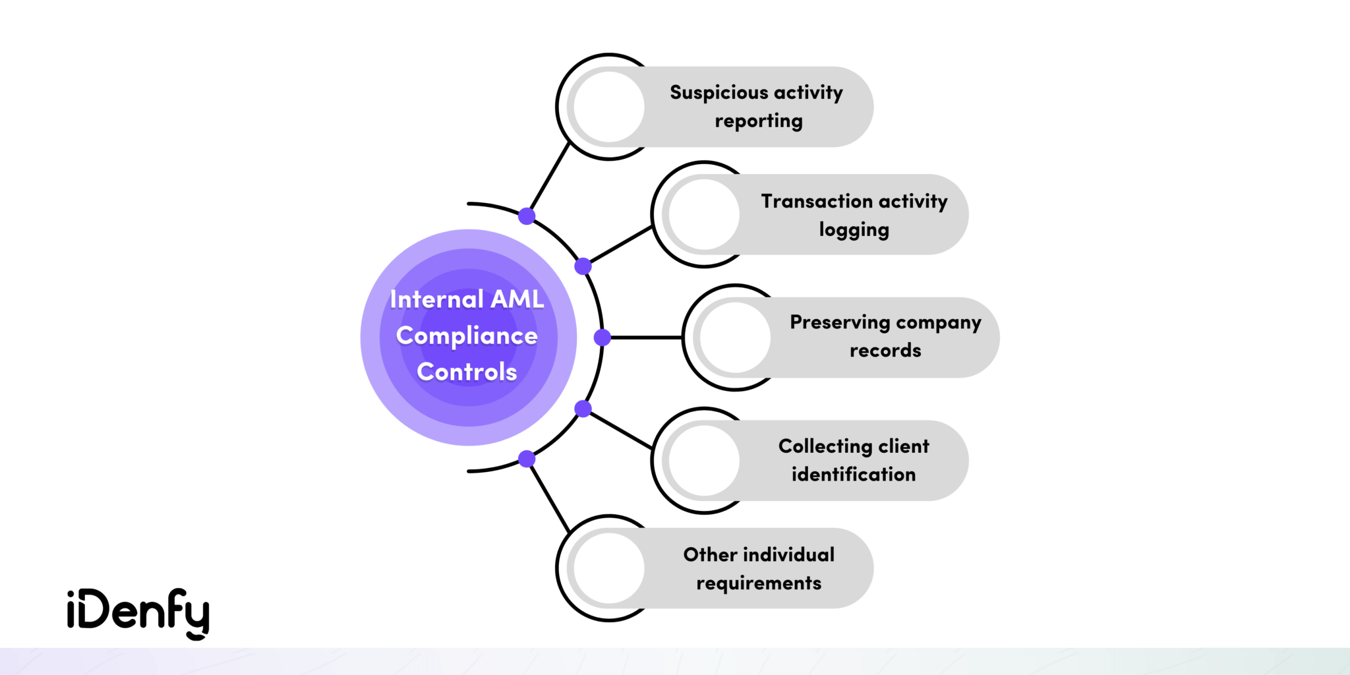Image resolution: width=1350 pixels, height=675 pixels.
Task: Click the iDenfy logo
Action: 138,613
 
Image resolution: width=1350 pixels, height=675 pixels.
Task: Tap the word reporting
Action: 759,121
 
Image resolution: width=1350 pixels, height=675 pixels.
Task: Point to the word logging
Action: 854,230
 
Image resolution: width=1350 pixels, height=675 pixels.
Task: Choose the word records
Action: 885,351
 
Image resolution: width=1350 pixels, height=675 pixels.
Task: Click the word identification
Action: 854,475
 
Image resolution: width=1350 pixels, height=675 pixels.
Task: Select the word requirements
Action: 759,583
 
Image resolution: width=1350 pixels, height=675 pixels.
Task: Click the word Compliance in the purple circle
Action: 467,336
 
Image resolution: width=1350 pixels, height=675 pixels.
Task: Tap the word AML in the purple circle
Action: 517,299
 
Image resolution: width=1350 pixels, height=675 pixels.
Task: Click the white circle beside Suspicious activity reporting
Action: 608,107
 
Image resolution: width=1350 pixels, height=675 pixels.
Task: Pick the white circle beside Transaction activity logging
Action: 703,214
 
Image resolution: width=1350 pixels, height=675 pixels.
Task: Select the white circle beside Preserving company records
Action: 735,337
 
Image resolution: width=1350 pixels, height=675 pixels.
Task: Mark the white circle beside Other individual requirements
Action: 608,568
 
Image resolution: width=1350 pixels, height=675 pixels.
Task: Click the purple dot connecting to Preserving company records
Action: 602,337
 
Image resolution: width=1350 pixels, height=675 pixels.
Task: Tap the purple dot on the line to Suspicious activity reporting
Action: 527,216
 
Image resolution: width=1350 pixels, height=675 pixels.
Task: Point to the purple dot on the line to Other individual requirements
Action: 527,459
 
